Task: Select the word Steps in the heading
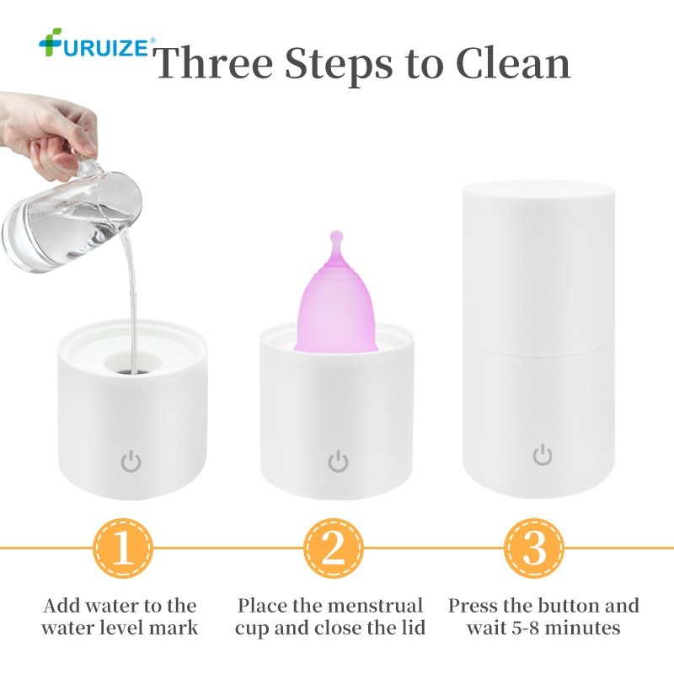click(x=339, y=66)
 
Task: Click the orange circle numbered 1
click(x=123, y=548)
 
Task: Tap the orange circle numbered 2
click(x=334, y=548)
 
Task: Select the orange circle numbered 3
click(x=534, y=548)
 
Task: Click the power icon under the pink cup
click(x=339, y=461)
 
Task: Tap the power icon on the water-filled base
click(x=131, y=461)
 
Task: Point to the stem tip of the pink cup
click(x=336, y=235)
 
